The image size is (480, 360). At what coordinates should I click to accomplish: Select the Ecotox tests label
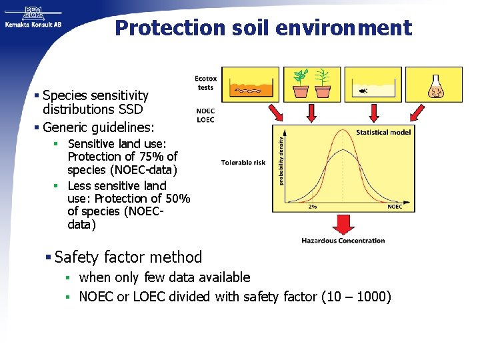point(205,83)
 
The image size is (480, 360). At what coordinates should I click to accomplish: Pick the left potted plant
point(301,83)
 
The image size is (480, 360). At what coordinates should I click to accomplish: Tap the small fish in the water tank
point(363,90)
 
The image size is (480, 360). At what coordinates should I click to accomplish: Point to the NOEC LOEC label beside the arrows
point(205,115)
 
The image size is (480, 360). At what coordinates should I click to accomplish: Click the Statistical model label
point(383,132)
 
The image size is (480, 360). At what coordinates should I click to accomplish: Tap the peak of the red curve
point(343,130)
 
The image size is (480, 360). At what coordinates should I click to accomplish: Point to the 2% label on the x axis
point(312,207)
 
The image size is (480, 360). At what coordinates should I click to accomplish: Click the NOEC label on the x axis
point(395,207)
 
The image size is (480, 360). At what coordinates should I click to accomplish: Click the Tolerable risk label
point(243,162)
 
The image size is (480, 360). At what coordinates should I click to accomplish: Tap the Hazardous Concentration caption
point(343,241)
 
